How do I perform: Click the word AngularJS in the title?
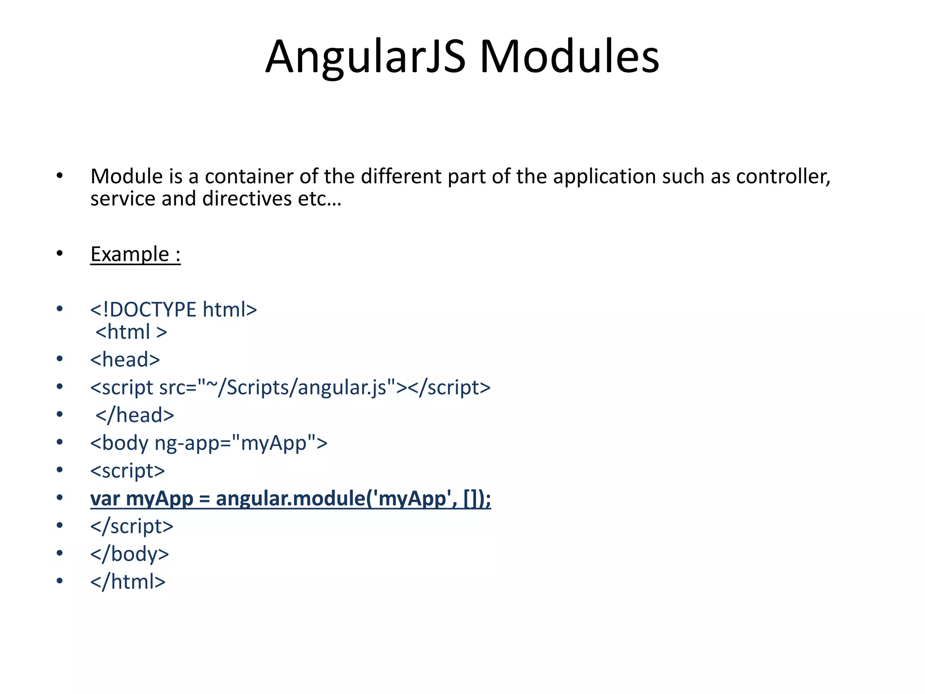click(x=365, y=56)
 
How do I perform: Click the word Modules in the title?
click(x=569, y=56)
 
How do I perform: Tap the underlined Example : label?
click(x=135, y=254)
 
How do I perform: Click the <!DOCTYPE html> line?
click(x=173, y=309)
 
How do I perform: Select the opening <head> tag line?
click(x=125, y=360)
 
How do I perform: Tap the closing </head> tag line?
click(x=135, y=415)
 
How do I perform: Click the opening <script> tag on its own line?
click(x=127, y=471)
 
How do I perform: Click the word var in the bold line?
click(x=105, y=499)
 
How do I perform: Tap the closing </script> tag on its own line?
click(x=131, y=526)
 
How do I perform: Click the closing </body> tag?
click(x=130, y=554)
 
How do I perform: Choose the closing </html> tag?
click(x=128, y=581)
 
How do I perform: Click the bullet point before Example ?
click(x=60, y=253)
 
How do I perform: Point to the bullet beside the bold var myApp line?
click(x=60, y=497)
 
